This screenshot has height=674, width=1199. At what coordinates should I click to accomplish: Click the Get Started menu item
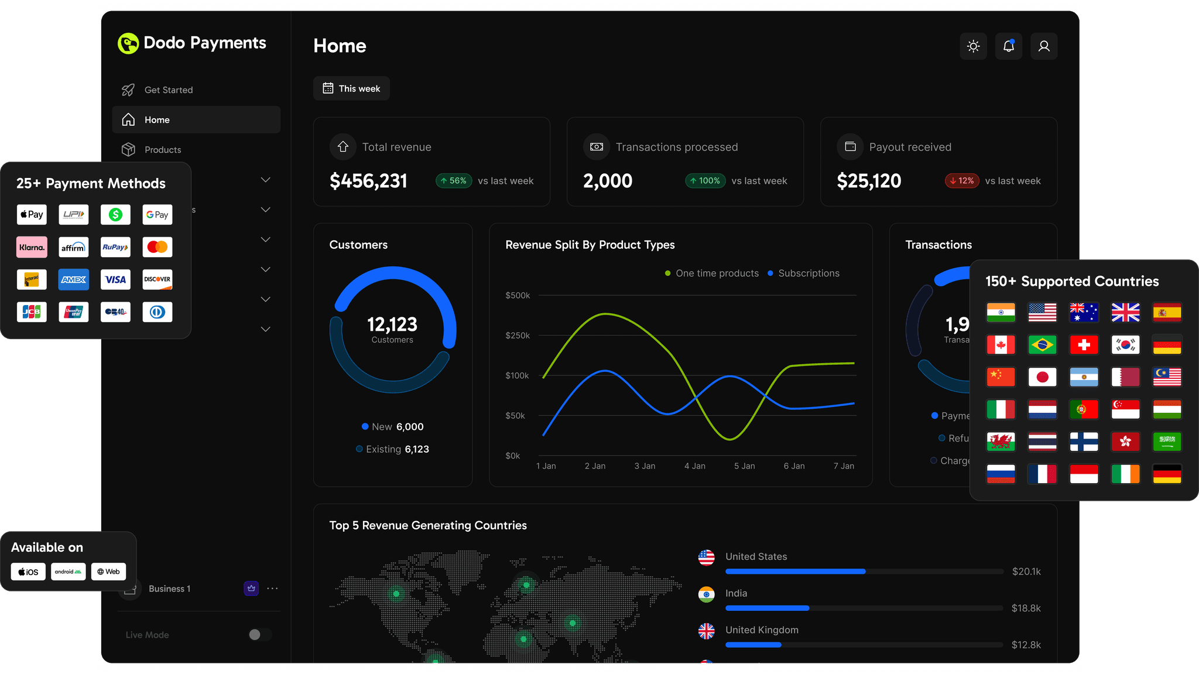168,90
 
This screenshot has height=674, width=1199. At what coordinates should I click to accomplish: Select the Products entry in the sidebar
162,149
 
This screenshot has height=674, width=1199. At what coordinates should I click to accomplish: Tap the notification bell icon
1008,46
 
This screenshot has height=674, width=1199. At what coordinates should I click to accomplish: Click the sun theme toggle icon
973,46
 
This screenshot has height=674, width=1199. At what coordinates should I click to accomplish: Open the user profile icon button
1043,46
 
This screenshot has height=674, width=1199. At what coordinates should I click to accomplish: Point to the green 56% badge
454,181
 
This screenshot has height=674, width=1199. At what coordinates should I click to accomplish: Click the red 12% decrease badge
962,181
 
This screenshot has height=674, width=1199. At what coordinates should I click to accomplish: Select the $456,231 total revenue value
368,181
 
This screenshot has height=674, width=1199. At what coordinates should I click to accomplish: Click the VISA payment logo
115,279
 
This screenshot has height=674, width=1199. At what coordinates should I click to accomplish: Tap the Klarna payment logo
32,247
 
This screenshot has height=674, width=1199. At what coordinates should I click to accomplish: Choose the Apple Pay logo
32,214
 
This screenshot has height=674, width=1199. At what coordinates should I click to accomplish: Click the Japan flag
1042,377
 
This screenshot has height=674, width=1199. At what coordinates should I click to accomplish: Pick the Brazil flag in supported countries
1042,345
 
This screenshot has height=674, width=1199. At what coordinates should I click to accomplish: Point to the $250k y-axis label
518,336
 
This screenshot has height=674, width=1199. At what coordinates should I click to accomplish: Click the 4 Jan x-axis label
694,466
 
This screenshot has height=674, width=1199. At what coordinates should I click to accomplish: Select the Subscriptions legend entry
808,273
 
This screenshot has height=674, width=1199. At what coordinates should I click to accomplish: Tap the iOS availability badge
28,572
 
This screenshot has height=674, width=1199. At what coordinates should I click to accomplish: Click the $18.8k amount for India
1026,608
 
